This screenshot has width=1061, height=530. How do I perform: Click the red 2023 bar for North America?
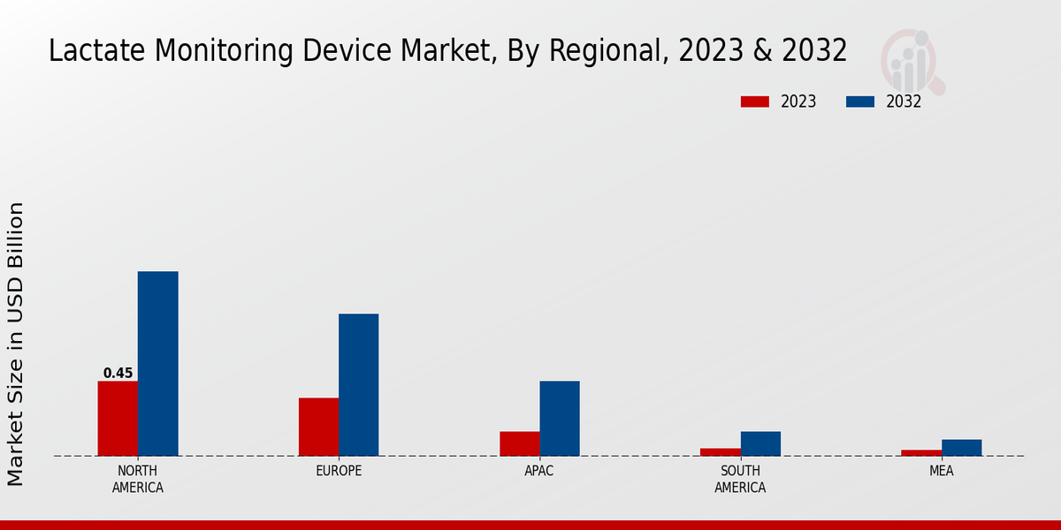118,418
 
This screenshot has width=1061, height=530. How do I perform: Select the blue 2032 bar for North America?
157,363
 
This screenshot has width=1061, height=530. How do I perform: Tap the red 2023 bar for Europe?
318,427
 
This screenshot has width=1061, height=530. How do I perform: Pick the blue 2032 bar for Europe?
358,384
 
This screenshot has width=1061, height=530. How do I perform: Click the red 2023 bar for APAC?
519,443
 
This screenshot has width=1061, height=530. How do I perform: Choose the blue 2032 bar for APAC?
560,418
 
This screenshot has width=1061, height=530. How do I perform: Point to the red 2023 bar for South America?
720,451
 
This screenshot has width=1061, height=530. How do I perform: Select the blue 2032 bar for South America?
760,443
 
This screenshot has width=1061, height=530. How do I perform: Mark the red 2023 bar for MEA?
921,452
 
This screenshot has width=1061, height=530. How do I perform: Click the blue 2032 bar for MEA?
961,447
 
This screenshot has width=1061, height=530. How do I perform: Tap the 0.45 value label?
118,373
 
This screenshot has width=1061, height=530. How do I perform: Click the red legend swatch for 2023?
754,102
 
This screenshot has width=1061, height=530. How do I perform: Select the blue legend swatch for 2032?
859,102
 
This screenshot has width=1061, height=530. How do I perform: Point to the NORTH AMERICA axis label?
138,479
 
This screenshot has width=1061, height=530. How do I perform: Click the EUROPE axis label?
339,471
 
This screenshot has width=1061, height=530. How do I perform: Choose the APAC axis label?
539,471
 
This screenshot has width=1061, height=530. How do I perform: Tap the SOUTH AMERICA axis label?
740,479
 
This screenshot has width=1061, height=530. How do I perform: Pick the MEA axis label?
941,471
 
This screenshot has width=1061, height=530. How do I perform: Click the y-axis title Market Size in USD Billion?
16,344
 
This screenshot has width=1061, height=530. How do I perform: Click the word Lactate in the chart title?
98,51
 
